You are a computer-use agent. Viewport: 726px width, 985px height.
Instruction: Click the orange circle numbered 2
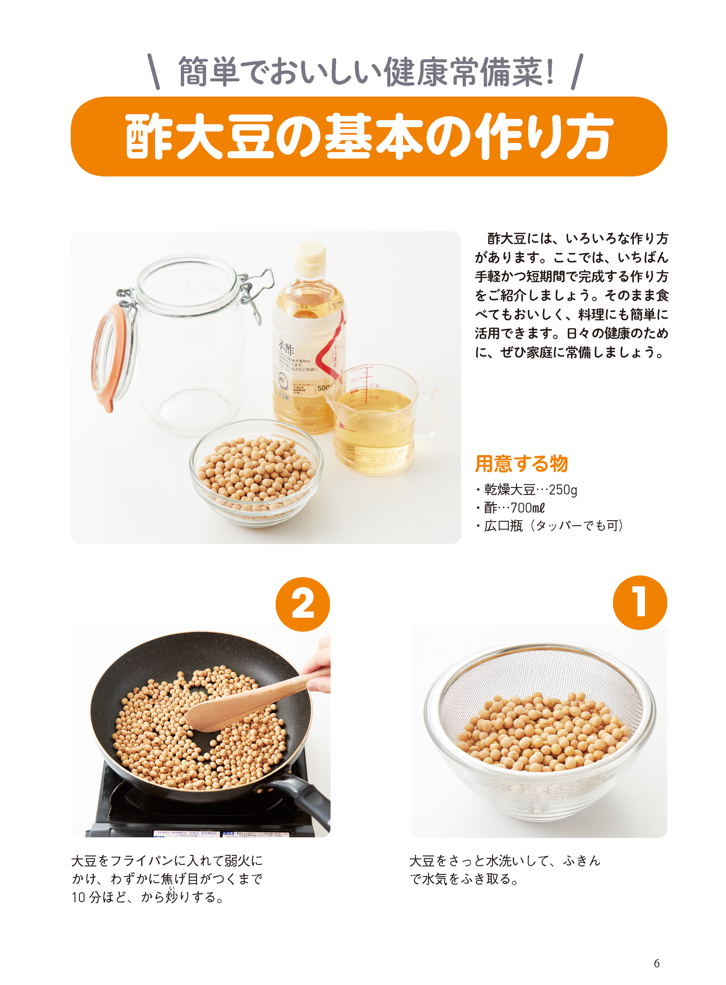coord(302,604)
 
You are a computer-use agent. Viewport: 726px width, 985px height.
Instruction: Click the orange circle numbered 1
coord(640,602)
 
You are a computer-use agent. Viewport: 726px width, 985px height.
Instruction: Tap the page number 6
coord(656,963)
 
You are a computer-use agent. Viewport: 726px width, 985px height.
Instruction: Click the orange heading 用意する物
coord(521,463)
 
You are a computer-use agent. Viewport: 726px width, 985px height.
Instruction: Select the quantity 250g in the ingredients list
coord(563,489)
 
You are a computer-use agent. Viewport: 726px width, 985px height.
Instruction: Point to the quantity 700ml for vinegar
coord(528,508)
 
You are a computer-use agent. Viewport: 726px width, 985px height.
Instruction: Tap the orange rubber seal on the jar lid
coord(103,357)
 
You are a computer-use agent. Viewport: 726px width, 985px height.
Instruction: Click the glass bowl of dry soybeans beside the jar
coord(256,472)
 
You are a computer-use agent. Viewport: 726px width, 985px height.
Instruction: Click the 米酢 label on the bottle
coord(286,348)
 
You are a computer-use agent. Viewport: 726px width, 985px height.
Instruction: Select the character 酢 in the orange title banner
coord(149,137)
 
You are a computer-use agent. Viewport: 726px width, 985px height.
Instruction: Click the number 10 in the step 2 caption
coord(79,898)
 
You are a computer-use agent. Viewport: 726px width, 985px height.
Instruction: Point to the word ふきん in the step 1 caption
coord(581,861)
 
